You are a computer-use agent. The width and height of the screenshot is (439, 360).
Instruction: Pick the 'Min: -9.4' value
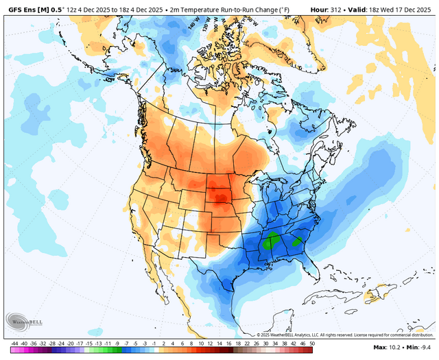point(419,349)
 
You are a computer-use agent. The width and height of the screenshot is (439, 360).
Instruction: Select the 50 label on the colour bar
point(311,342)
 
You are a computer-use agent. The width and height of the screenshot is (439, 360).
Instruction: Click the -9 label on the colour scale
point(119,342)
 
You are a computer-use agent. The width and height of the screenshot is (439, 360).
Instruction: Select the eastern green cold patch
point(298,241)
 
